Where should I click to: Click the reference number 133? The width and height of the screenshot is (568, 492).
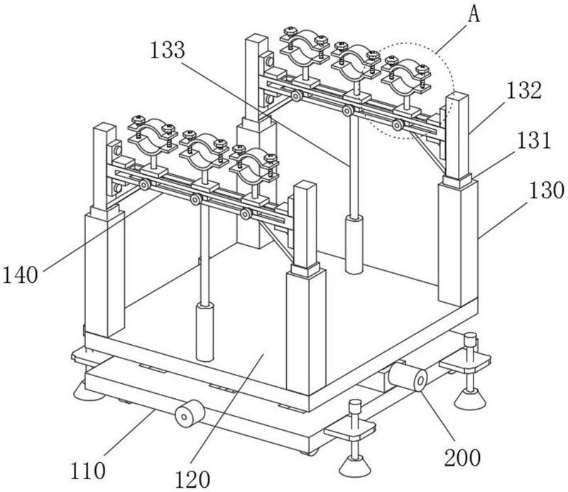[x=168, y=50]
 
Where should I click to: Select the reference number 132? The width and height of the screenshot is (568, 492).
[x=524, y=90]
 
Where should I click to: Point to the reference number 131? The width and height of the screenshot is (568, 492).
[x=533, y=140]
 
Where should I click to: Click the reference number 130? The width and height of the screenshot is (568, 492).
[x=547, y=190]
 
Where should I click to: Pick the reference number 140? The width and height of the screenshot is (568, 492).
[x=21, y=274]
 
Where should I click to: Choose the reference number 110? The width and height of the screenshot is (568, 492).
[x=87, y=471]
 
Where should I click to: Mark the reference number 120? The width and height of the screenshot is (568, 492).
[x=192, y=479]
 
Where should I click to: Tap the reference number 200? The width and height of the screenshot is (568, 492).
[x=463, y=458]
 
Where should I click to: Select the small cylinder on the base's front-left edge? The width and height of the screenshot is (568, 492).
[x=190, y=413]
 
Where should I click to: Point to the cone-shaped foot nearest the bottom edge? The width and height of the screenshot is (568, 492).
[x=356, y=466]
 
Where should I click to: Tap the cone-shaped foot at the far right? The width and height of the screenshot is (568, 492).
[x=470, y=399]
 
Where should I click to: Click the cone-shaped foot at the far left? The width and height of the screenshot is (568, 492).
[x=88, y=392]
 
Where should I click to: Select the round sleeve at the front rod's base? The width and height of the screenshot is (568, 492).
[x=205, y=332]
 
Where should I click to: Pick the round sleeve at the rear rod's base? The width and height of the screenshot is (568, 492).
[x=354, y=244]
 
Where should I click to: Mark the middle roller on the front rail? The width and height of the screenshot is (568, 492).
[x=196, y=199]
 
